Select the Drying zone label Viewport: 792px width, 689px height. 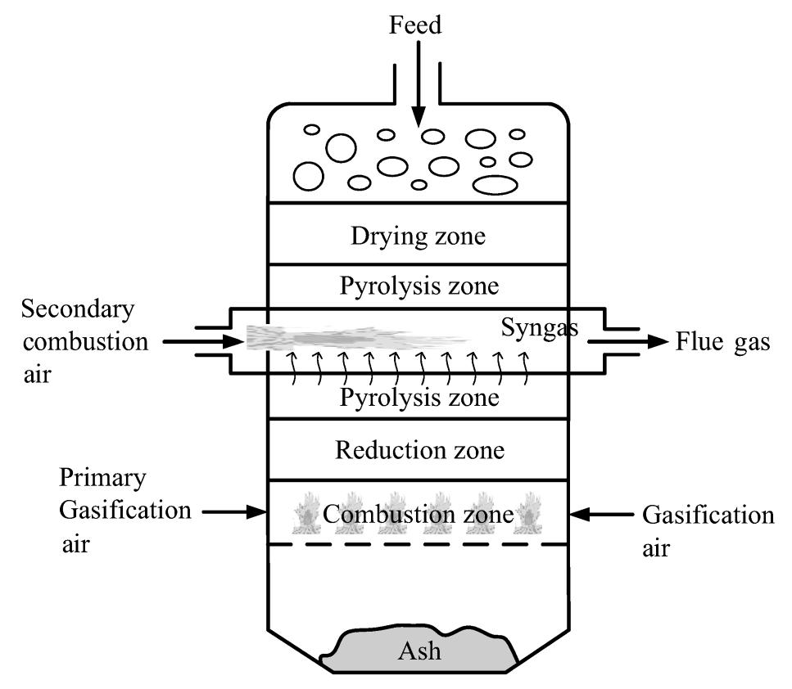(x=418, y=237)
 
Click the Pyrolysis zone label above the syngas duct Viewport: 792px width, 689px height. (x=419, y=287)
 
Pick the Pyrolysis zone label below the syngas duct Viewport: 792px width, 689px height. (x=419, y=398)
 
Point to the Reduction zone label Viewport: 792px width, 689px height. (x=418, y=450)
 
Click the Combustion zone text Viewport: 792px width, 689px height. (x=418, y=515)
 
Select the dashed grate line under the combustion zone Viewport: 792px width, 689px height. (x=419, y=544)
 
